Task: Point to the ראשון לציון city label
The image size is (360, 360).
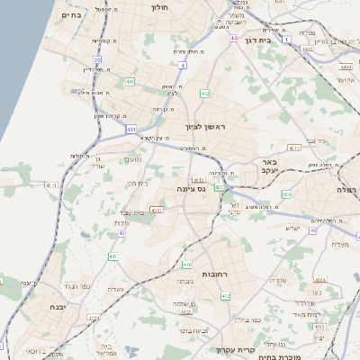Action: (x=210, y=128)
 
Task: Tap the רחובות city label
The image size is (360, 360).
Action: (x=220, y=273)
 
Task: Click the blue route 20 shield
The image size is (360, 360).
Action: (x=97, y=60)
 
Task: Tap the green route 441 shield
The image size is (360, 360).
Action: (x=130, y=82)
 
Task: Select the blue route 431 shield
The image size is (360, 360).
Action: (x=130, y=130)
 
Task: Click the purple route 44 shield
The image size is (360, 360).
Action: (x=234, y=39)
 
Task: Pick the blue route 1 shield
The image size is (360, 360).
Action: (x=285, y=40)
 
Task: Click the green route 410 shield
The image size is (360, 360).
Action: (x=187, y=265)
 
